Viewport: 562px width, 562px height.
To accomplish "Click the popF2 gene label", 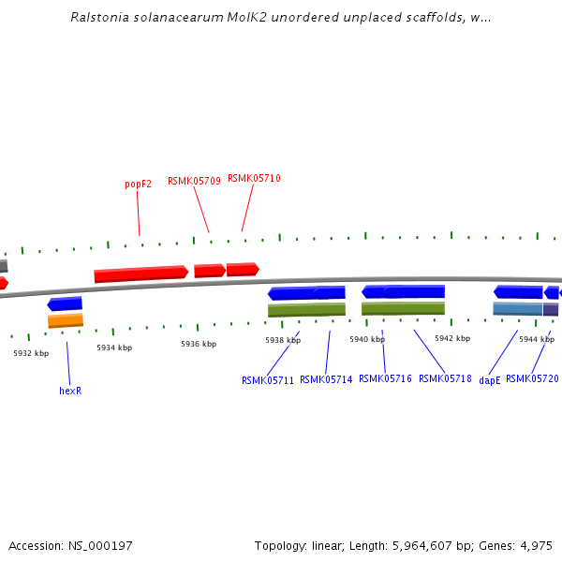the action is (138, 185).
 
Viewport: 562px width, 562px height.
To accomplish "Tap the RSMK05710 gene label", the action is (254, 178).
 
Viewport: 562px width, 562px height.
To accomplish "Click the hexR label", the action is (70, 391).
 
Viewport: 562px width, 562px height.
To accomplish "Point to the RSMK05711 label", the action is (267, 380).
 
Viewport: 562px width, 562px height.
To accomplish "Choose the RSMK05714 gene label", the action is (326, 379).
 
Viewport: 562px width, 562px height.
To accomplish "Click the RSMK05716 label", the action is (385, 378).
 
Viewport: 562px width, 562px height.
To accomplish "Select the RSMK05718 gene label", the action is (445, 378).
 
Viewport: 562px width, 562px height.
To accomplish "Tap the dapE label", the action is (490, 380).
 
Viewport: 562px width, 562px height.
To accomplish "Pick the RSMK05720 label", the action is (532, 378).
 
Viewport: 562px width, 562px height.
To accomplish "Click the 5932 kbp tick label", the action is (31, 353).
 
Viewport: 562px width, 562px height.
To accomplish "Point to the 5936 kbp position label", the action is (199, 344).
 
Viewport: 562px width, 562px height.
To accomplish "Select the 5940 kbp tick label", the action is (367, 339).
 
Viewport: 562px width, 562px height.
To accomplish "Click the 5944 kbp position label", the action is (537, 339).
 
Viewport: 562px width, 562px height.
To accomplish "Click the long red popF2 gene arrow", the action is (140, 274).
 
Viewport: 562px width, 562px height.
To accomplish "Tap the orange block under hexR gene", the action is (66, 320).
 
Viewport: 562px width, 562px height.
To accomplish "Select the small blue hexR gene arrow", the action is (65, 303).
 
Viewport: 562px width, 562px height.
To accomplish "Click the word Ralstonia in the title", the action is (99, 18).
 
